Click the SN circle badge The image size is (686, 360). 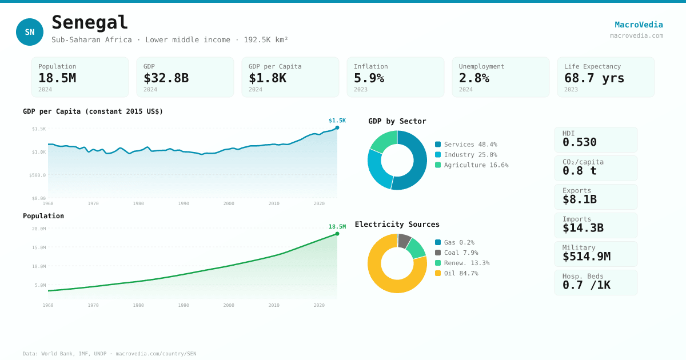[x=30, y=32]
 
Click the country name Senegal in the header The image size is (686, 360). [x=90, y=23]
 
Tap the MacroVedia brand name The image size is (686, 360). [x=639, y=25]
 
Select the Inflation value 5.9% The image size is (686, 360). [x=369, y=78]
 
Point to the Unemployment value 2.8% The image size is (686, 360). [x=474, y=78]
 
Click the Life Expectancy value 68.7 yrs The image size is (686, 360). [x=594, y=78]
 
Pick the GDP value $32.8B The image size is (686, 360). [x=166, y=78]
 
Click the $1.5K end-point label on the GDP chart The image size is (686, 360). [x=337, y=121]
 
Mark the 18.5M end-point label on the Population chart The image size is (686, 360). [x=337, y=227]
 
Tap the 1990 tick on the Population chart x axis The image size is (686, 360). [x=184, y=305]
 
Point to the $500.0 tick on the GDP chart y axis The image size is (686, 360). [x=38, y=175]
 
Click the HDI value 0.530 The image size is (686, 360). [x=579, y=142]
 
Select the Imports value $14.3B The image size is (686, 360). [x=583, y=228]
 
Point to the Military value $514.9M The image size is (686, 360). [x=586, y=257]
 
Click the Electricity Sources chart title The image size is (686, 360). [x=397, y=225]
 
